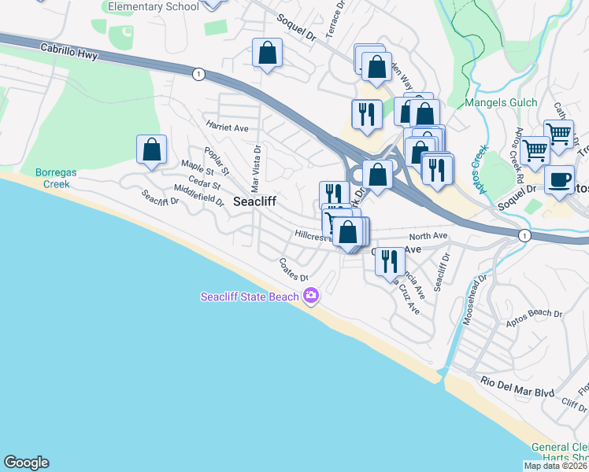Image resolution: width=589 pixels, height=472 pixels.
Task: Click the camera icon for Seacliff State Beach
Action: pos(311,295)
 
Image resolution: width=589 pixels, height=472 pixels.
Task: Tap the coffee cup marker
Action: pos(559,180)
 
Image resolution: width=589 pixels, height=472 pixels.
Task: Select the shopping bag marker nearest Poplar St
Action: pos(151,149)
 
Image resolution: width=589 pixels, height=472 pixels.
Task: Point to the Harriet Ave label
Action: pos(227,127)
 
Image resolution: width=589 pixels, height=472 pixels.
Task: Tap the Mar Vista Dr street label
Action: pos(255,168)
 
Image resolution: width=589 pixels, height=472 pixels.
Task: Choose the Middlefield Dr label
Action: pos(199,194)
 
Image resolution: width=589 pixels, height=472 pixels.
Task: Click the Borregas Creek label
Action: pos(53,179)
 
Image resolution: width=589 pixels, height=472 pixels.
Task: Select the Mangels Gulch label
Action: pos(501,102)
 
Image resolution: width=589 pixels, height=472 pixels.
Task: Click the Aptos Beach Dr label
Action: pos(535,313)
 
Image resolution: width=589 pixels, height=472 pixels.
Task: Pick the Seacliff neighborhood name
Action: pos(254,201)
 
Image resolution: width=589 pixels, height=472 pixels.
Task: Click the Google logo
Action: pos(26,463)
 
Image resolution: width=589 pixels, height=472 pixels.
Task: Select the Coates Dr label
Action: pos(293,271)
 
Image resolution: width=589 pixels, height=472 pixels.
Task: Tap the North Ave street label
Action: pos(428,236)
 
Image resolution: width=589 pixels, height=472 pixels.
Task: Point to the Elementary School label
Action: pos(154,6)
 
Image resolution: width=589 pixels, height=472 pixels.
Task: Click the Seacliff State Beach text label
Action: pos(250,297)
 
